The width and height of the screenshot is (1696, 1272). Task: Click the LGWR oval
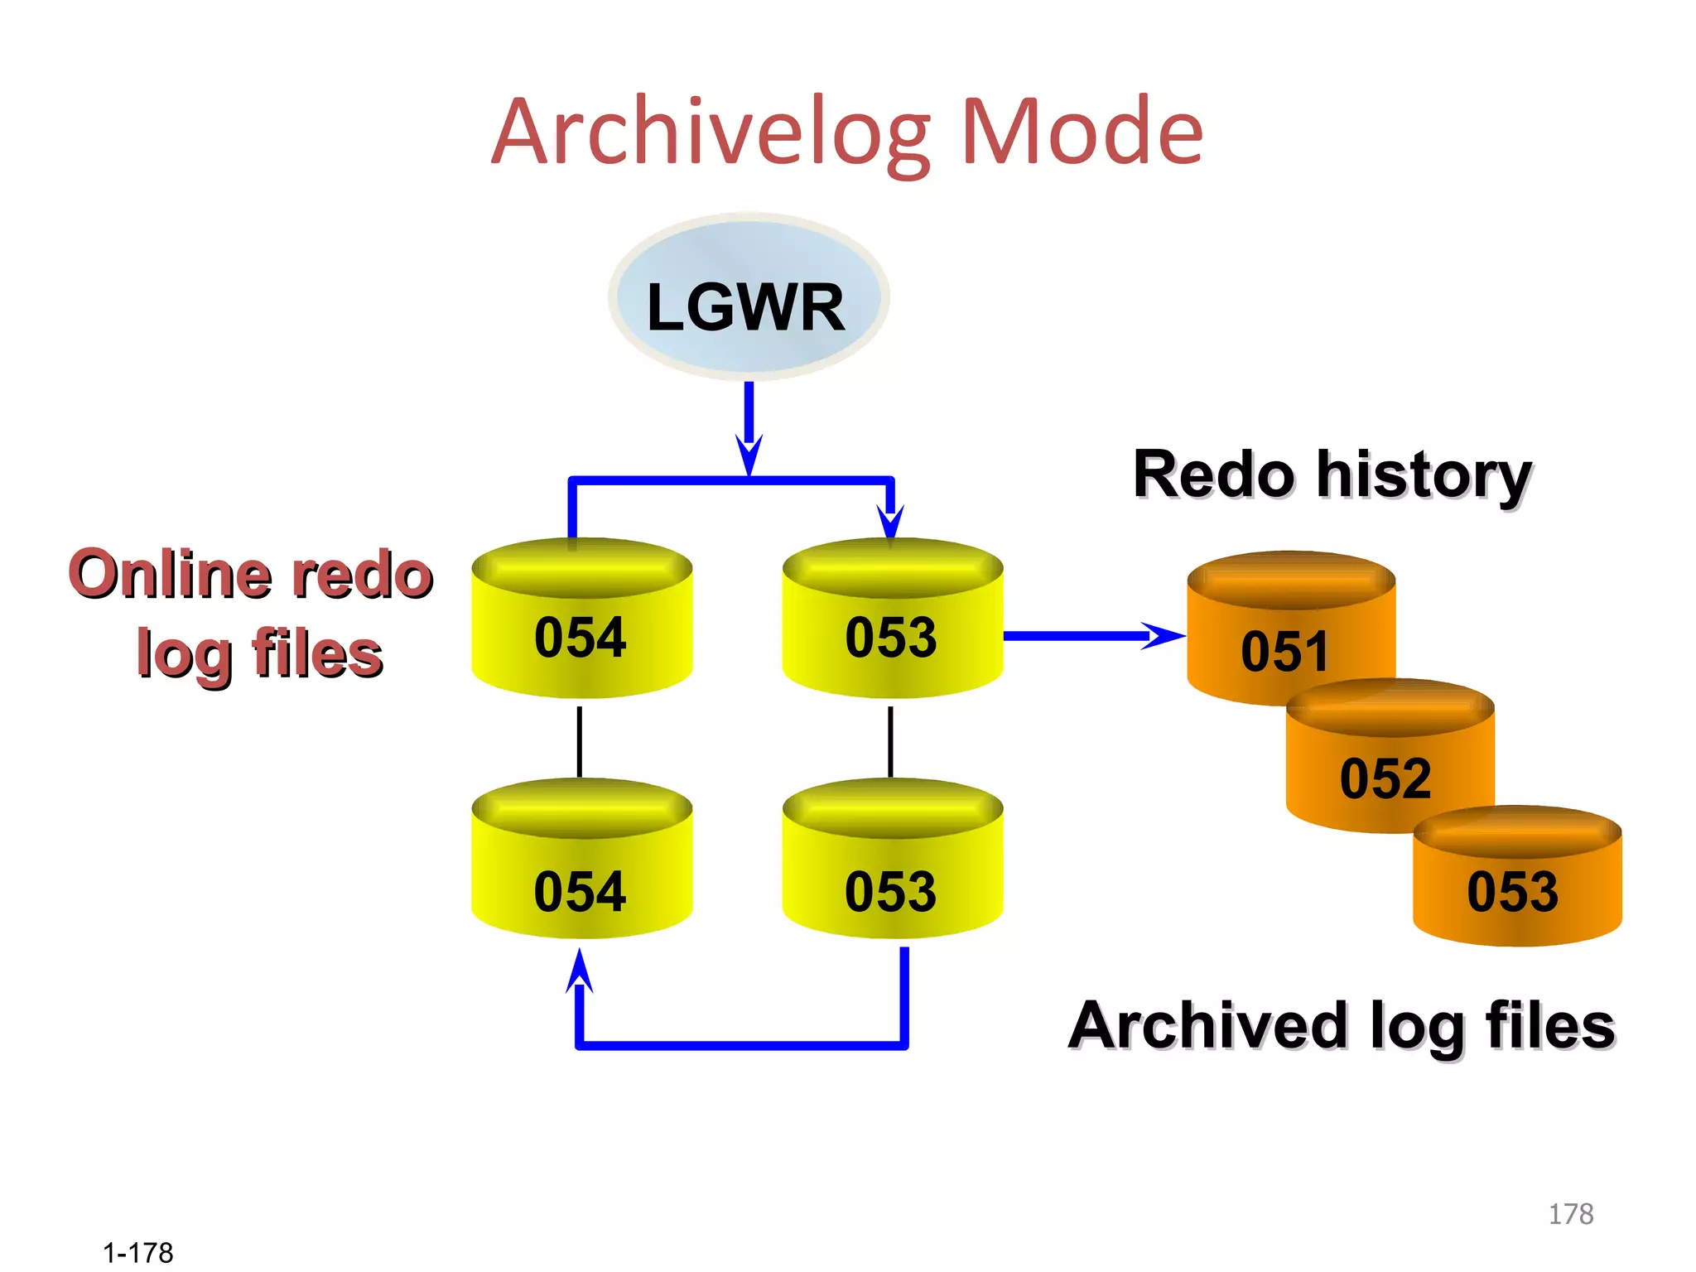tap(748, 298)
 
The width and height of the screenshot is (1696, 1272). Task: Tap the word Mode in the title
tap(1081, 132)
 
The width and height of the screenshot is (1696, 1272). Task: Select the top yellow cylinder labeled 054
tap(581, 629)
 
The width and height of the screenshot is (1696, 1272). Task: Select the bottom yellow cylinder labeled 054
tap(581, 870)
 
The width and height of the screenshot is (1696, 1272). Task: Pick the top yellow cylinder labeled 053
tap(892, 629)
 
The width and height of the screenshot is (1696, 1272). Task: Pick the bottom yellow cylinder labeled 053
tap(892, 870)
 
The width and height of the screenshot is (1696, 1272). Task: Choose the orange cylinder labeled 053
tap(1515, 886)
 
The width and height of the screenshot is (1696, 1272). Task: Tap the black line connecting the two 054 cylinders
tap(580, 741)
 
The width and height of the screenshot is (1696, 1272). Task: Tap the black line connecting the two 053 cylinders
tap(890, 741)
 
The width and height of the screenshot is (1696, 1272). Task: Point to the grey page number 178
tap(1570, 1214)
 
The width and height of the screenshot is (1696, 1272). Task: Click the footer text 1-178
tap(137, 1253)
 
